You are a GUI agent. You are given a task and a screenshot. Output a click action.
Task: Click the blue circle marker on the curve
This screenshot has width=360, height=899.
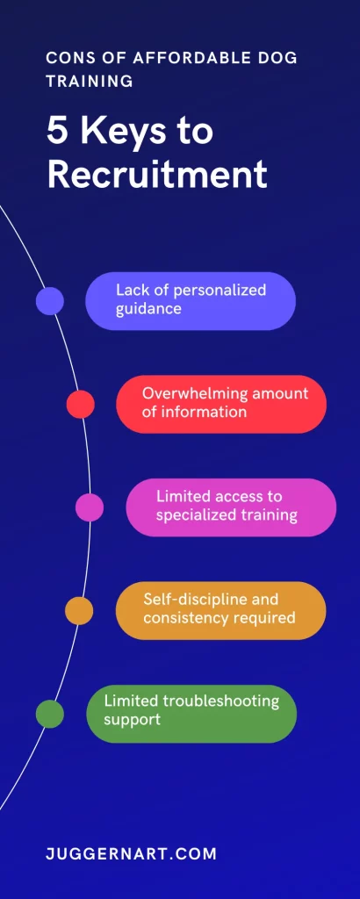50,301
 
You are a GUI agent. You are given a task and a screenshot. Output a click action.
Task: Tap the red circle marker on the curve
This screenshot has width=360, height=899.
80,404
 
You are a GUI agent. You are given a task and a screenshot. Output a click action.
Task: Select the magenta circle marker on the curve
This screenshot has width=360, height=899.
90,507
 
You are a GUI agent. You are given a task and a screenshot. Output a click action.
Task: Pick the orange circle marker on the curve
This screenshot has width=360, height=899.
79,611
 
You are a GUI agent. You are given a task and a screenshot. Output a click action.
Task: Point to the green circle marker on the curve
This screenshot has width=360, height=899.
50,714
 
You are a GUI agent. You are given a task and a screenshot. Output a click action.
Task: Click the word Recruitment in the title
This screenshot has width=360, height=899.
156,175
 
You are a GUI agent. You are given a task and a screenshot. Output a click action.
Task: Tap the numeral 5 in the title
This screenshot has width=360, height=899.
56,132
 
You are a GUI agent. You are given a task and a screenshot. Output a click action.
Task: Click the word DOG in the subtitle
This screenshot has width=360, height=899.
277,58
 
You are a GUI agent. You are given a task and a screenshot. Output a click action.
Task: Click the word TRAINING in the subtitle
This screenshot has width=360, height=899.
90,81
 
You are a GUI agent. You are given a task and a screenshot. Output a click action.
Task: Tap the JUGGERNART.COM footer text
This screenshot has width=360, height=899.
132,853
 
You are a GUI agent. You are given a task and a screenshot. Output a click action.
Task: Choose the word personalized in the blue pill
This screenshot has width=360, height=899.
220,291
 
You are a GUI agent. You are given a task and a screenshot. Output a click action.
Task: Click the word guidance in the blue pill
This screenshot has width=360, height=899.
149,309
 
